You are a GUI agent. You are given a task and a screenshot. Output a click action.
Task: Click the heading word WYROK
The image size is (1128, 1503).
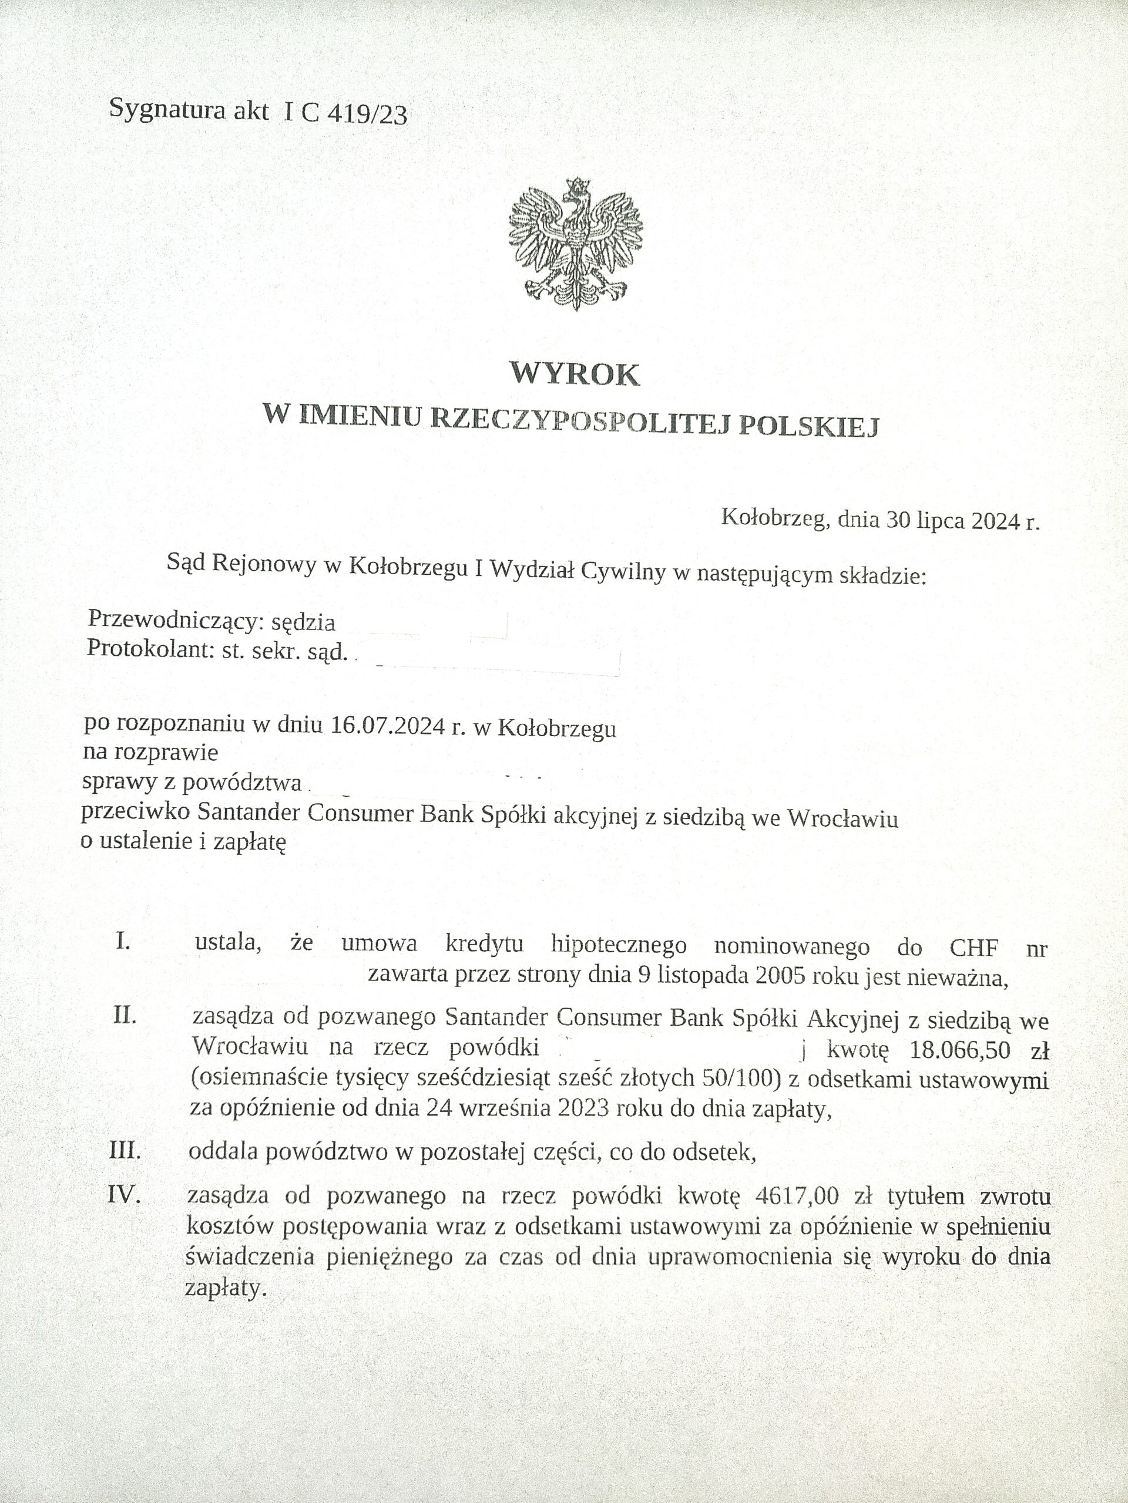(575, 375)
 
